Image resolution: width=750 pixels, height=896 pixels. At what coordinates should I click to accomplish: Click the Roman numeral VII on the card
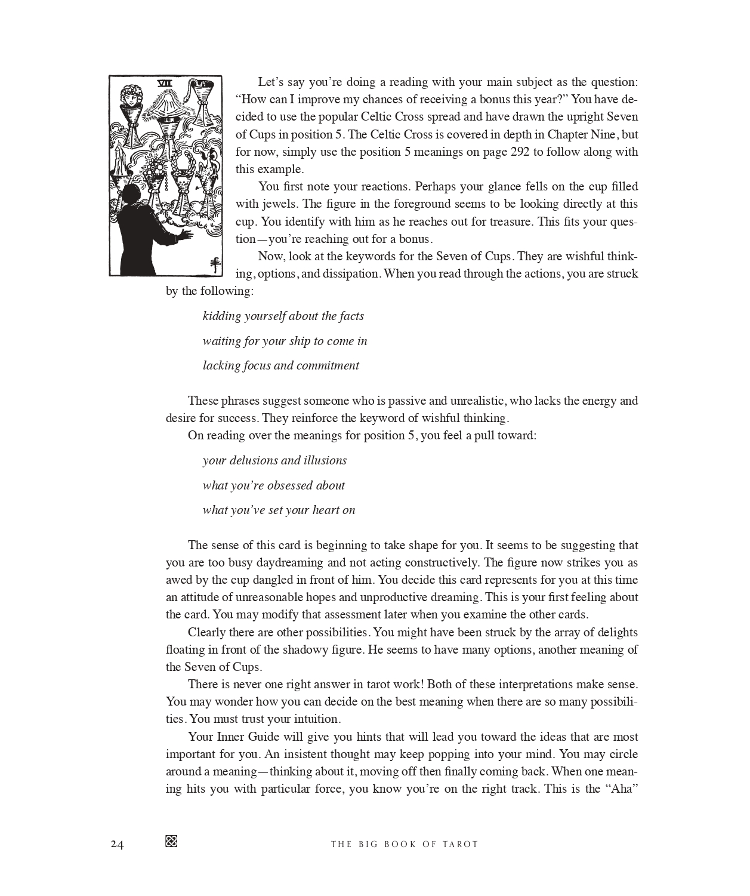point(164,84)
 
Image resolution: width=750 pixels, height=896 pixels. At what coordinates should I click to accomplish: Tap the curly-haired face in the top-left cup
point(130,96)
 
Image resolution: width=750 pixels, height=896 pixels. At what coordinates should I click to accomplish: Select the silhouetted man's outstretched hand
point(186,234)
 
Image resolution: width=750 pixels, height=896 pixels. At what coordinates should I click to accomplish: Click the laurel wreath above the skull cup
point(181,162)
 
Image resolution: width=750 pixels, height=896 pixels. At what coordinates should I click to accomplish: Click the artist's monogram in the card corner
point(213,265)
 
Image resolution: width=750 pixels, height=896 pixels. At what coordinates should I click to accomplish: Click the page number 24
point(117,844)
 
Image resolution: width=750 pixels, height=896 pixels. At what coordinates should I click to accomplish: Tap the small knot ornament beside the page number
point(171,841)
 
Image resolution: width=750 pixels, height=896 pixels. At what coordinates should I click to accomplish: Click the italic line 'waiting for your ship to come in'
point(285,341)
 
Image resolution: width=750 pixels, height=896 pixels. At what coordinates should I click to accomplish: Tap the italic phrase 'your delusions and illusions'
point(274,460)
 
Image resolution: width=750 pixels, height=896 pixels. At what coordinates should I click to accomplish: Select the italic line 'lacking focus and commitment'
point(280,365)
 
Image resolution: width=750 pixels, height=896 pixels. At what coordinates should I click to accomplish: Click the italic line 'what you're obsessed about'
point(273,485)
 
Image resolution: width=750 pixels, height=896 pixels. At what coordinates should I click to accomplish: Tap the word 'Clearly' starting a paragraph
point(207,632)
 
